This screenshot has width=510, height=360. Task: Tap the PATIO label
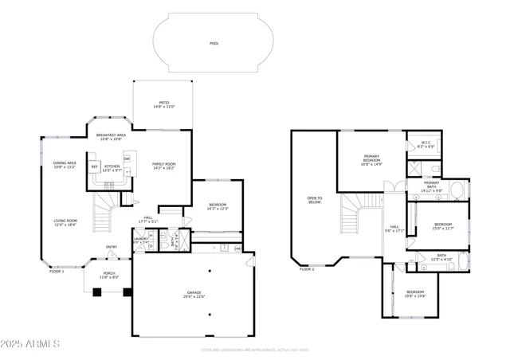(x=163, y=104)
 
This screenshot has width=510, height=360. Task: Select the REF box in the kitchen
(x=94, y=167)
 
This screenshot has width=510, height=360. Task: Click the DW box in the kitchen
(x=126, y=159)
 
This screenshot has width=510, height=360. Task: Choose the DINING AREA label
(x=65, y=165)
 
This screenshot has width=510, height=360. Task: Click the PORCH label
(x=109, y=276)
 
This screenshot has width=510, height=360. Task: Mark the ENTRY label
(x=112, y=247)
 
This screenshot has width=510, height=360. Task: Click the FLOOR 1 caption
(x=57, y=272)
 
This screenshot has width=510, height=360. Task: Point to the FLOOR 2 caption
(x=307, y=269)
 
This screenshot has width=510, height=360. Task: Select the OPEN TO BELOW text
(x=315, y=201)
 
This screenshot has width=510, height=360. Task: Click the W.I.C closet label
(x=426, y=145)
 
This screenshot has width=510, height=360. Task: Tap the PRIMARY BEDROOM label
(x=372, y=159)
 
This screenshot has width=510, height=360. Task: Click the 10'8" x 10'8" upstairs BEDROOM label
(x=416, y=294)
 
